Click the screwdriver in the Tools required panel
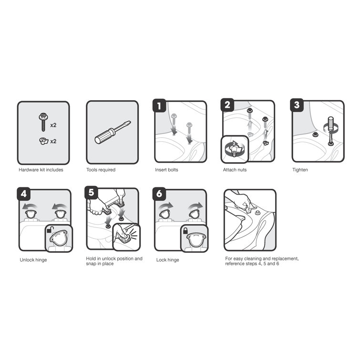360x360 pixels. click(112, 132)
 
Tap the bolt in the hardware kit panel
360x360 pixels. click(41, 120)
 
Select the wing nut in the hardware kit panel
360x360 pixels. click(41, 141)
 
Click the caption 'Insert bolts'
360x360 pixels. click(166, 170)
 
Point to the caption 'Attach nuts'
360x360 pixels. click(235, 170)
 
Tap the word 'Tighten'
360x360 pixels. click(300, 170)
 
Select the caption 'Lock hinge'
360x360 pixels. click(168, 260)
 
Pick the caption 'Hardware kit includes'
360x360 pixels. click(41, 170)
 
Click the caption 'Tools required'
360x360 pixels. click(101, 170)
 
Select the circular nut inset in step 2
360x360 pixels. click(234, 149)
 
